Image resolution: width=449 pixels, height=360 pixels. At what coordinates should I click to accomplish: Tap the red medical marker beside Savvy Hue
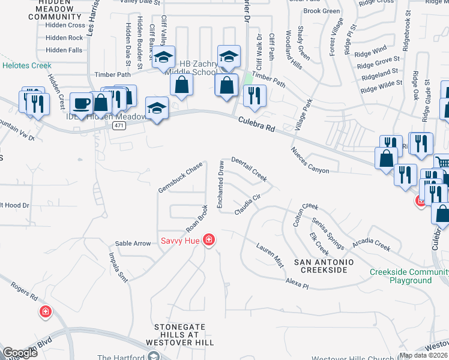208,241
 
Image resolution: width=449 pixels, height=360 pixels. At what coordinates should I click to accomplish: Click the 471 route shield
118,125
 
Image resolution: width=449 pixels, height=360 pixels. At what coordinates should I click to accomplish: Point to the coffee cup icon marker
82,103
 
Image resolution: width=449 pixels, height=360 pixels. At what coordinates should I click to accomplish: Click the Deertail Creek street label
249,168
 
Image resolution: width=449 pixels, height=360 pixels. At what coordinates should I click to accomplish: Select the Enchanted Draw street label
221,185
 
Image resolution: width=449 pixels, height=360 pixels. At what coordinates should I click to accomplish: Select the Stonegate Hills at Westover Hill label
184,334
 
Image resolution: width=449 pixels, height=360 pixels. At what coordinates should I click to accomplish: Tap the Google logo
20,353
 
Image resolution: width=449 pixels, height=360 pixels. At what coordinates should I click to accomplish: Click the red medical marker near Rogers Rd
45,312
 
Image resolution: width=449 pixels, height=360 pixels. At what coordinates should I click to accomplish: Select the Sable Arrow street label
133,244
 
